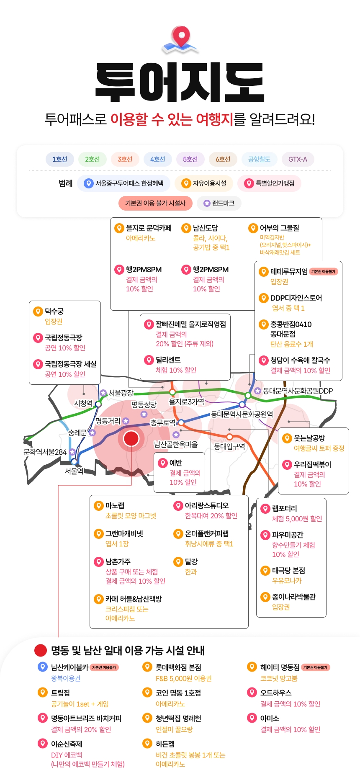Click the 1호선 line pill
pyautogui.click(x=59, y=159)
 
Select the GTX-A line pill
pyautogui.click(x=298, y=159)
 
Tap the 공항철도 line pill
pyautogui.click(x=259, y=159)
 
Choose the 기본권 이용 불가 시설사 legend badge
pyautogui.click(x=155, y=203)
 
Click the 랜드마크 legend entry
pyautogui.click(x=219, y=203)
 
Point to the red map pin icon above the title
pyautogui.click(x=181, y=36)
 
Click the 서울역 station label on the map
pyautogui.click(x=74, y=471)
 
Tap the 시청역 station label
pyautogui.click(x=83, y=403)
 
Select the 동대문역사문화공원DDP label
pyautogui.click(x=298, y=391)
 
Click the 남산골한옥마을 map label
pyautogui.click(x=176, y=444)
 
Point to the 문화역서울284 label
pyautogui.click(x=45, y=452)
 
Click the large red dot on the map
pyautogui.click(x=131, y=438)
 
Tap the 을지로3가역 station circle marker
pyautogui.click(x=172, y=392)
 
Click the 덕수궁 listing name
pyautogui.click(x=54, y=311)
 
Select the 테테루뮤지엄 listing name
pyautogui.click(x=289, y=271)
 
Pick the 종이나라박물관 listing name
pyautogui.click(x=294, y=597)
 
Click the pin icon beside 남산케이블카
pyautogui.click(x=43, y=667)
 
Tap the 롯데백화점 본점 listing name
pyautogui.click(x=178, y=667)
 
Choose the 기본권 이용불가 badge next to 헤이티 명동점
pyautogui.click(x=316, y=667)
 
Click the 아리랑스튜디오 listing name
pyautogui.click(x=207, y=505)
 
